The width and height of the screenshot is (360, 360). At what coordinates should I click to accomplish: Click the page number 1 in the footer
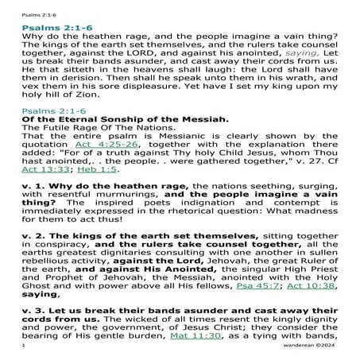coord(25,351)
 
